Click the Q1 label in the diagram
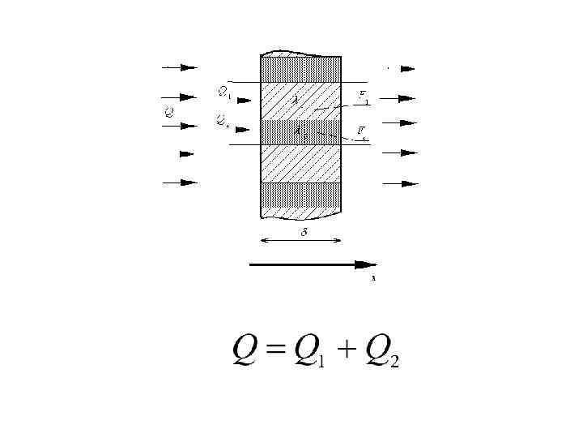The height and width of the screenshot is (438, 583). click(x=224, y=92)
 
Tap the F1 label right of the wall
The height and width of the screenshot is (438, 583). click(x=365, y=97)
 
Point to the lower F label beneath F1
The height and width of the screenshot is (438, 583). click(x=364, y=130)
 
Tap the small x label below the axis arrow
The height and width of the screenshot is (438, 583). click(x=373, y=278)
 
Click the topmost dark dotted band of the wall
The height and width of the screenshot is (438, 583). click(x=300, y=68)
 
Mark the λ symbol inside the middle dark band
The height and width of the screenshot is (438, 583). click(x=298, y=129)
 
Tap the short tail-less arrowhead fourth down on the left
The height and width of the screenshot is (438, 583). click(x=187, y=153)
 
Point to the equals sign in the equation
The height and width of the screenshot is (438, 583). click(x=276, y=351)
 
